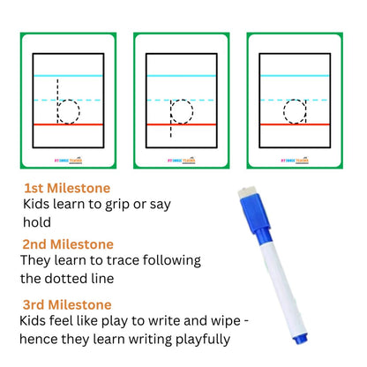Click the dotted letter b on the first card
coord(64,105)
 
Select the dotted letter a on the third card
coord(294,111)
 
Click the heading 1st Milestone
coord(68,188)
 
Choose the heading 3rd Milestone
coord(69,304)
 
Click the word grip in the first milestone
coord(118,204)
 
